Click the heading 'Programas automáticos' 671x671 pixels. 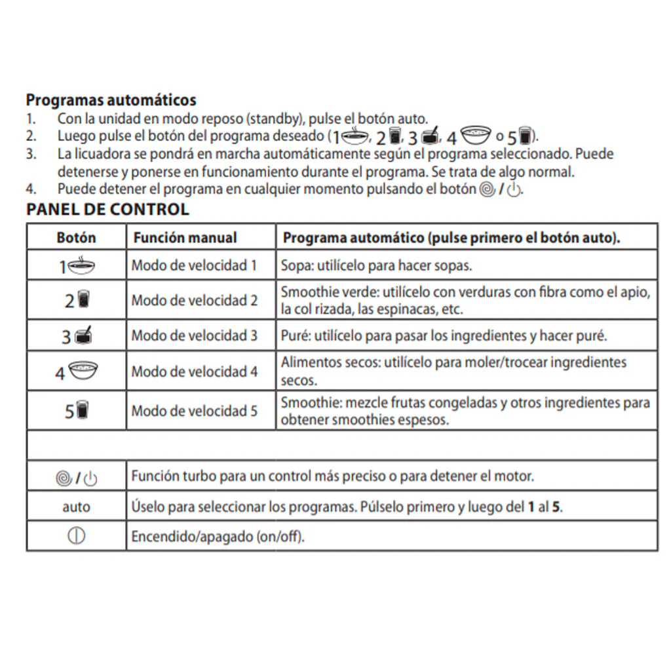(111, 100)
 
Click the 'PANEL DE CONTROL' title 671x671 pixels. (107, 210)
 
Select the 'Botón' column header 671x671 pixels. (76, 237)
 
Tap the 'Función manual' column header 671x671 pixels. (185, 237)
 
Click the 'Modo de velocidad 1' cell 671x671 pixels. (194, 265)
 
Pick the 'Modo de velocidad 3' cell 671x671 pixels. (194, 335)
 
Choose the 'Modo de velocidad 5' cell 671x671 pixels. (194, 411)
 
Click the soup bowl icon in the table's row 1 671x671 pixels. (82, 265)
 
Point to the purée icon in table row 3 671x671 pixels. (83, 335)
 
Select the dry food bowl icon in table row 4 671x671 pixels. (83, 371)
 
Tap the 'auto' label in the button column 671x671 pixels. (77, 507)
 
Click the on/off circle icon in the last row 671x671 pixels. (76, 536)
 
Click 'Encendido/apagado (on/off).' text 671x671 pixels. (218, 536)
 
